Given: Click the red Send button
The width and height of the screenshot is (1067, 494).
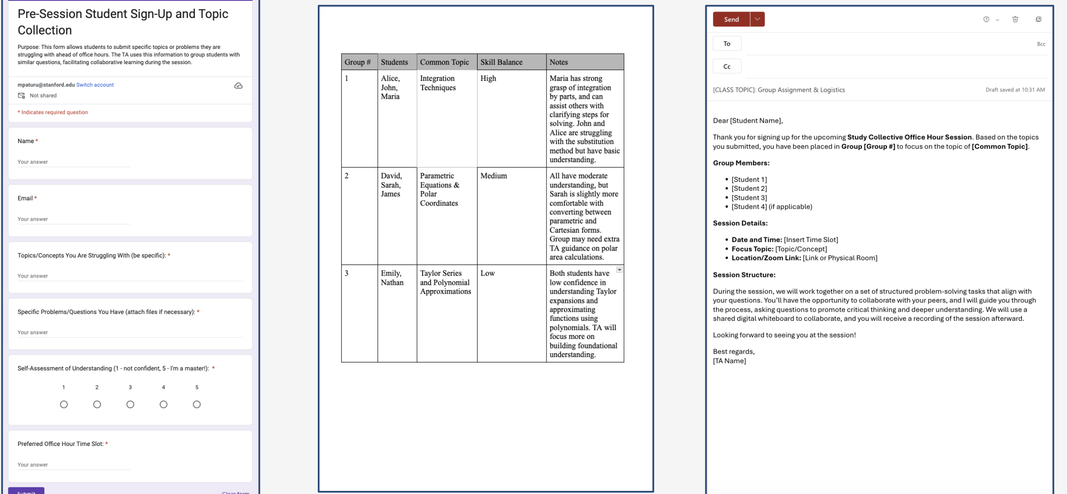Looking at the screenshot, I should (x=731, y=19).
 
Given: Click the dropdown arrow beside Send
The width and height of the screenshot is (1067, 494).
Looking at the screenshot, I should (x=757, y=19).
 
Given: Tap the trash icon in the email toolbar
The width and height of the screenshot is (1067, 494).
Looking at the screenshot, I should (x=1015, y=19).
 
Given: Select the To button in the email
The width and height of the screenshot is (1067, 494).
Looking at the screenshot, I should (x=727, y=44).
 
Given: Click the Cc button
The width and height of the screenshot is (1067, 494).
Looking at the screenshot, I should (x=727, y=66).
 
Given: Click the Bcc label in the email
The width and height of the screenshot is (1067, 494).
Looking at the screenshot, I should (x=1041, y=44).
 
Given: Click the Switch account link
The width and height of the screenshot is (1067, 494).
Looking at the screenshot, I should (x=95, y=85).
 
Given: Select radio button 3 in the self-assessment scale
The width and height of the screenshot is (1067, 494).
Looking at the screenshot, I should (x=130, y=404).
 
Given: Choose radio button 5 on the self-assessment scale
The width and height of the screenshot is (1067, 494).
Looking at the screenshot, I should (x=197, y=404).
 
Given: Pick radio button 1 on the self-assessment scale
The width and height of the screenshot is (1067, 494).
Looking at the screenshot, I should (x=64, y=404).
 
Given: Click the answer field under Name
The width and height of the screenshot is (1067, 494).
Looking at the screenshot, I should (x=74, y=162).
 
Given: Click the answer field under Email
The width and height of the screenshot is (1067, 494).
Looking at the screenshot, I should (x=74, y=219).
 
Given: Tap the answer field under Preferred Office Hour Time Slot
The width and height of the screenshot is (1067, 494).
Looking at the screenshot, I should (x=74, y=465).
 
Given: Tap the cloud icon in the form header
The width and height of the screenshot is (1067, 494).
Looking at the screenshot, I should (x=238, y=86).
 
